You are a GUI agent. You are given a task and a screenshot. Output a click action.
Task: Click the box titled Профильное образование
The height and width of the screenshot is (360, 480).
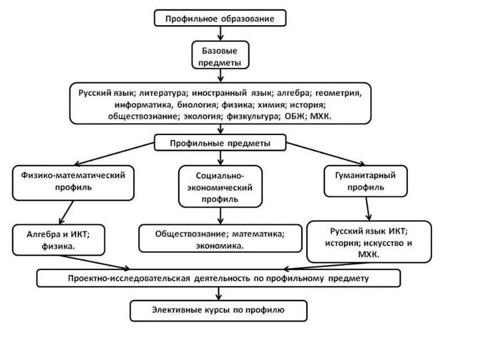220,18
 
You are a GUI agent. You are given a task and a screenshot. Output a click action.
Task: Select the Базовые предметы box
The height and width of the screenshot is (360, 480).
220,55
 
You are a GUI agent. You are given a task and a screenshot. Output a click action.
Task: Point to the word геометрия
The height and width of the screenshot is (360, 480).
338,93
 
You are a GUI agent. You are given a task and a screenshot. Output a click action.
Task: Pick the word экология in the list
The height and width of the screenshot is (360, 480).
202,116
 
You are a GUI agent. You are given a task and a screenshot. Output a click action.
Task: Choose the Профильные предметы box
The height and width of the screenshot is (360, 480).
220,143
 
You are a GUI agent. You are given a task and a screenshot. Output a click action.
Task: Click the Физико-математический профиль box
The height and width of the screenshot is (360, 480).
73,183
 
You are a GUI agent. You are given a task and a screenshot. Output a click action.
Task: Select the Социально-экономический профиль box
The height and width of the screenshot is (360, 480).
220,187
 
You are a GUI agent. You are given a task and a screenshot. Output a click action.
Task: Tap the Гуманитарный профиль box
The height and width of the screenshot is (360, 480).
365,181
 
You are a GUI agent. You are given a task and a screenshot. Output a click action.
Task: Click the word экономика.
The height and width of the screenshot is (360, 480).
220,246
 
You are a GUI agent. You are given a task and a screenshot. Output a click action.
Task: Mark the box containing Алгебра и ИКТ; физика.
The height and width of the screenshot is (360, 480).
58,240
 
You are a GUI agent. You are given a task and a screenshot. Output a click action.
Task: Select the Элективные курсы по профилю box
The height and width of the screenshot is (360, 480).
218,310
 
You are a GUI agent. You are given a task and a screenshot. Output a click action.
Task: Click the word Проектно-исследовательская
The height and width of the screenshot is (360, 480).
129,278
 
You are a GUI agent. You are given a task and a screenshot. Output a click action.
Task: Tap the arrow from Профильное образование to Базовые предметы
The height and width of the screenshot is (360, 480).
220,34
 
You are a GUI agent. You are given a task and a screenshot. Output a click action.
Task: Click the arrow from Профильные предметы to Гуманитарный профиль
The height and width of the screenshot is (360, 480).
326,154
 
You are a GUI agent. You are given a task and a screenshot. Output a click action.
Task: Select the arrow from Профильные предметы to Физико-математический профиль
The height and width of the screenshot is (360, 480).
114,154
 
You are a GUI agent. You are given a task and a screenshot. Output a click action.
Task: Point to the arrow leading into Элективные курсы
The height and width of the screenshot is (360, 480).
218,293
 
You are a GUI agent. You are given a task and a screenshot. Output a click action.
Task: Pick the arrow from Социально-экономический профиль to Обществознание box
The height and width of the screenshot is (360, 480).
220,216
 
